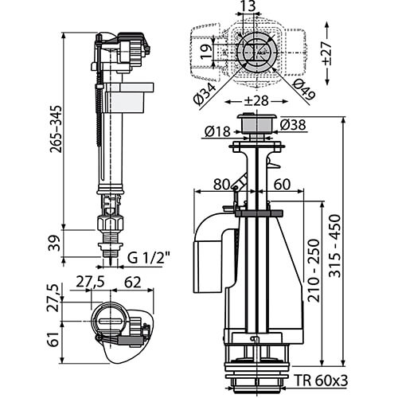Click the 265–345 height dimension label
(56, 129)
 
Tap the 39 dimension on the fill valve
(55, 244)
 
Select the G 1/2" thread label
(149, 257)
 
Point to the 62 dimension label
(133, 283)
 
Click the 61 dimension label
(54, 339)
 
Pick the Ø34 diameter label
(205, 93)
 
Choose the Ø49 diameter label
(304, 90)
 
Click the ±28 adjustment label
(256, 101)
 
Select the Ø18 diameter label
(217, 131)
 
